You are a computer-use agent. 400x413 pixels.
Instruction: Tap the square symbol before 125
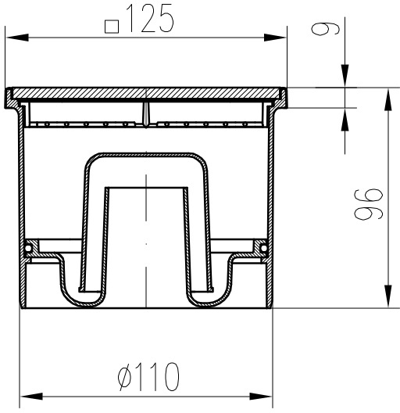coord(112,27)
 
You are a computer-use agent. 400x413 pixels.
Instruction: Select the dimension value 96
coord(368,204)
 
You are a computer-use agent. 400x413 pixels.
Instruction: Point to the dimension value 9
coord(325,28)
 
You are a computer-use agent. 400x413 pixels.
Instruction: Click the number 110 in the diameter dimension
coord(157,377)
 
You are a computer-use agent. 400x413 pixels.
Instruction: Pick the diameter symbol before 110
coord(124,377)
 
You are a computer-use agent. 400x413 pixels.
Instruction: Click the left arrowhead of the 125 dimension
coord(17,38)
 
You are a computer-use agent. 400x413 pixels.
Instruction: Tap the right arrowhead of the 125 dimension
coord(275,38)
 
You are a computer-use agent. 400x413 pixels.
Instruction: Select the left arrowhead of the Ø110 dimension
coord(31,397)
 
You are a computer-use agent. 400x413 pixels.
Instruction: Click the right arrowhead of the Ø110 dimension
coord(260,397)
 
